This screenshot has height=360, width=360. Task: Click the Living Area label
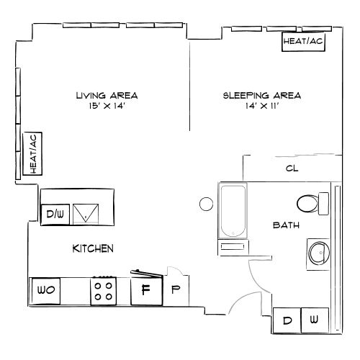pyautogui.click(x=107, y=94)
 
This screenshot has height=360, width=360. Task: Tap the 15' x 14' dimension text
pyautogui.click(x=107, y=105)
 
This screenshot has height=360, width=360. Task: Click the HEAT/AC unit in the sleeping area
pyautogui.click(x=303, y=42)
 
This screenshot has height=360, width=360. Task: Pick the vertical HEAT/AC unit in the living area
pyautogui.click(x=34, y=153)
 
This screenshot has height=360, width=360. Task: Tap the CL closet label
pyautogui.click(x=292, y=168)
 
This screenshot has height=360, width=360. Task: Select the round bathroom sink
pyautogui.click(x=318, y=253)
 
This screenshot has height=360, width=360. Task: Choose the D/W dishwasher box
pyautogui.click(x=55, y=214)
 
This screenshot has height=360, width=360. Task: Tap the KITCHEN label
pyautogui.click(x=93, y=249)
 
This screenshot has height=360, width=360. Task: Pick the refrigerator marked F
pyautogui.click(x=145, y=290)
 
